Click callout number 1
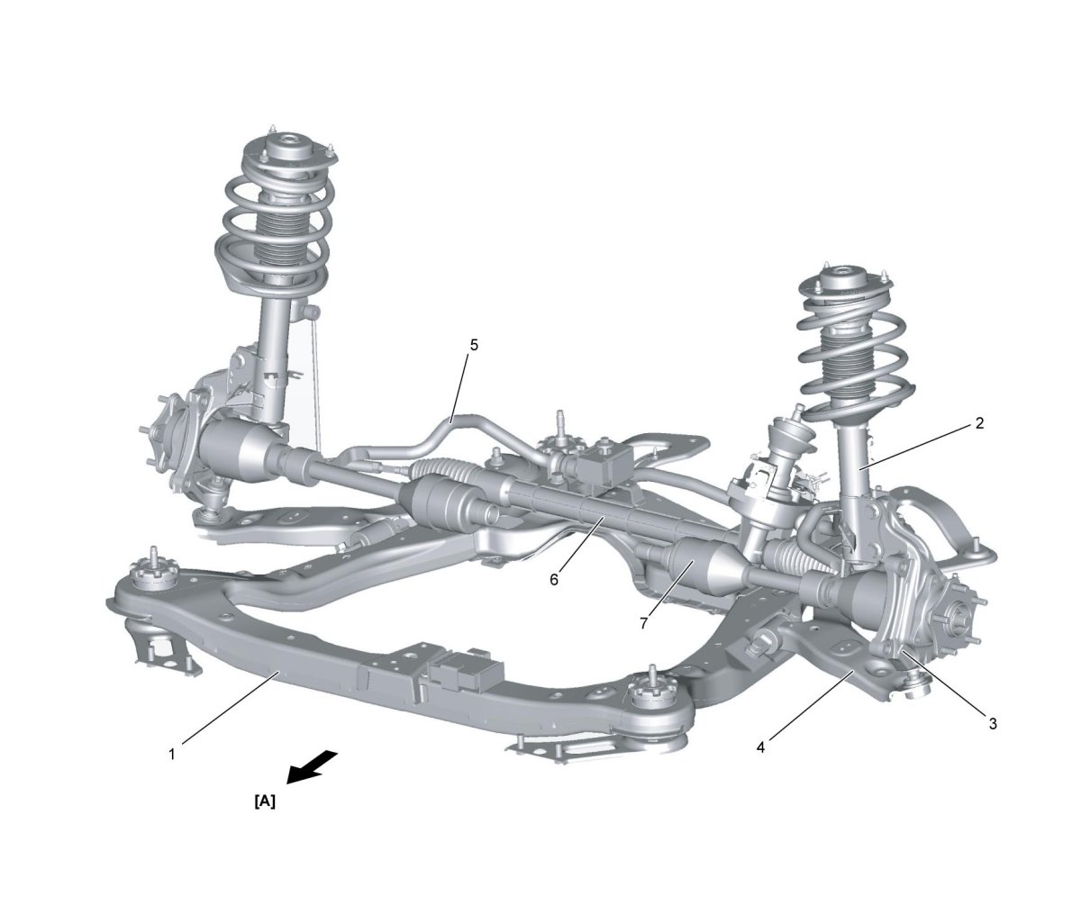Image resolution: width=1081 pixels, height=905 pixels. [x=172, y=754]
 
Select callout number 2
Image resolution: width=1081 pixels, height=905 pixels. [x=978, y=422]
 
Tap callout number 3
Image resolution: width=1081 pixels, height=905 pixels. [x=992, y=723]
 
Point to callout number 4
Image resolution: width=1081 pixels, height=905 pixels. [x=760, y=747]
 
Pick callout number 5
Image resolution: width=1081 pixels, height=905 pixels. [x=474, y=346]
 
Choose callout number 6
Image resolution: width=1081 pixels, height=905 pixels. [x=554, y=580]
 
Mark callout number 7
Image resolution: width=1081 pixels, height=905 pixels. [x=643, y=623]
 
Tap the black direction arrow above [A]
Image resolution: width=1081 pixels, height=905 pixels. [x=312, y=768]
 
